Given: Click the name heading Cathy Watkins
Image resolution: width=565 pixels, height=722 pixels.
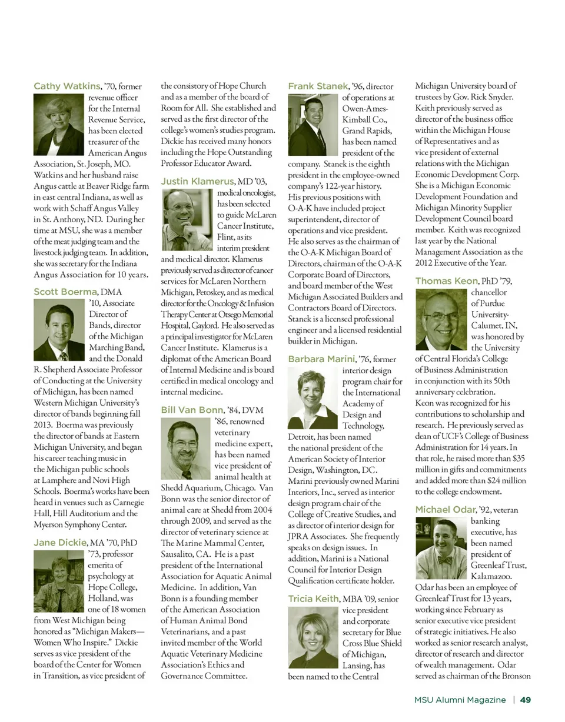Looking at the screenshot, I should [x=67, y=86].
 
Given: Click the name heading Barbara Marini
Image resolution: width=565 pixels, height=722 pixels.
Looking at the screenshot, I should [x=321, y=359].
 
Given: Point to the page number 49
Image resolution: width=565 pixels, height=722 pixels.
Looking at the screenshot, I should [x=526, y=700].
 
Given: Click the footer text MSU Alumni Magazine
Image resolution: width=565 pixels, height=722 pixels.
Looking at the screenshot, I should [x=460, y=700].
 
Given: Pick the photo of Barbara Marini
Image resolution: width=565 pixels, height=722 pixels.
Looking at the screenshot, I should [x=313, y=397].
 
